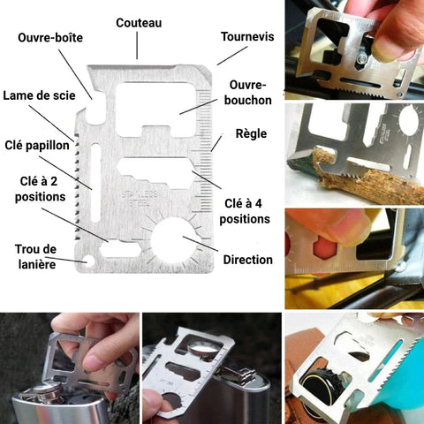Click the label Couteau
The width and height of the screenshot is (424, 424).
(139, 23)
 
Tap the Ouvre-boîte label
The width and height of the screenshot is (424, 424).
(50, 38)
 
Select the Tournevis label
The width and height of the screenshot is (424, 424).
(247, 37)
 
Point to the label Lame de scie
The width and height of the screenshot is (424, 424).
(39, 95)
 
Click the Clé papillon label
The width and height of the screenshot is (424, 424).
(37, 146)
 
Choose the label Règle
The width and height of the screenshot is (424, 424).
(251, 134)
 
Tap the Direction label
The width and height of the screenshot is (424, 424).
(248, 260)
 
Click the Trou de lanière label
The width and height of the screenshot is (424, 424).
(36, 257)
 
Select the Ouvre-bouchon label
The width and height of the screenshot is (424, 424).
(248, 93)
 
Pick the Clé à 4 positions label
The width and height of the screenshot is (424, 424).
(245, 211)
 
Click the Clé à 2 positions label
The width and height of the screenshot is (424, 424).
(40, 189)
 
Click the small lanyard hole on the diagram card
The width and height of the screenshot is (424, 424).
(87, 261)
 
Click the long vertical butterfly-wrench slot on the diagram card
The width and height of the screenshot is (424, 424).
(95, 183)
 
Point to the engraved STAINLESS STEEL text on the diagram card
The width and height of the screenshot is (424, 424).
(140, 199)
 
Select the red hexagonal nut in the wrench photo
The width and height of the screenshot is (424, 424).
(324, 248)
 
